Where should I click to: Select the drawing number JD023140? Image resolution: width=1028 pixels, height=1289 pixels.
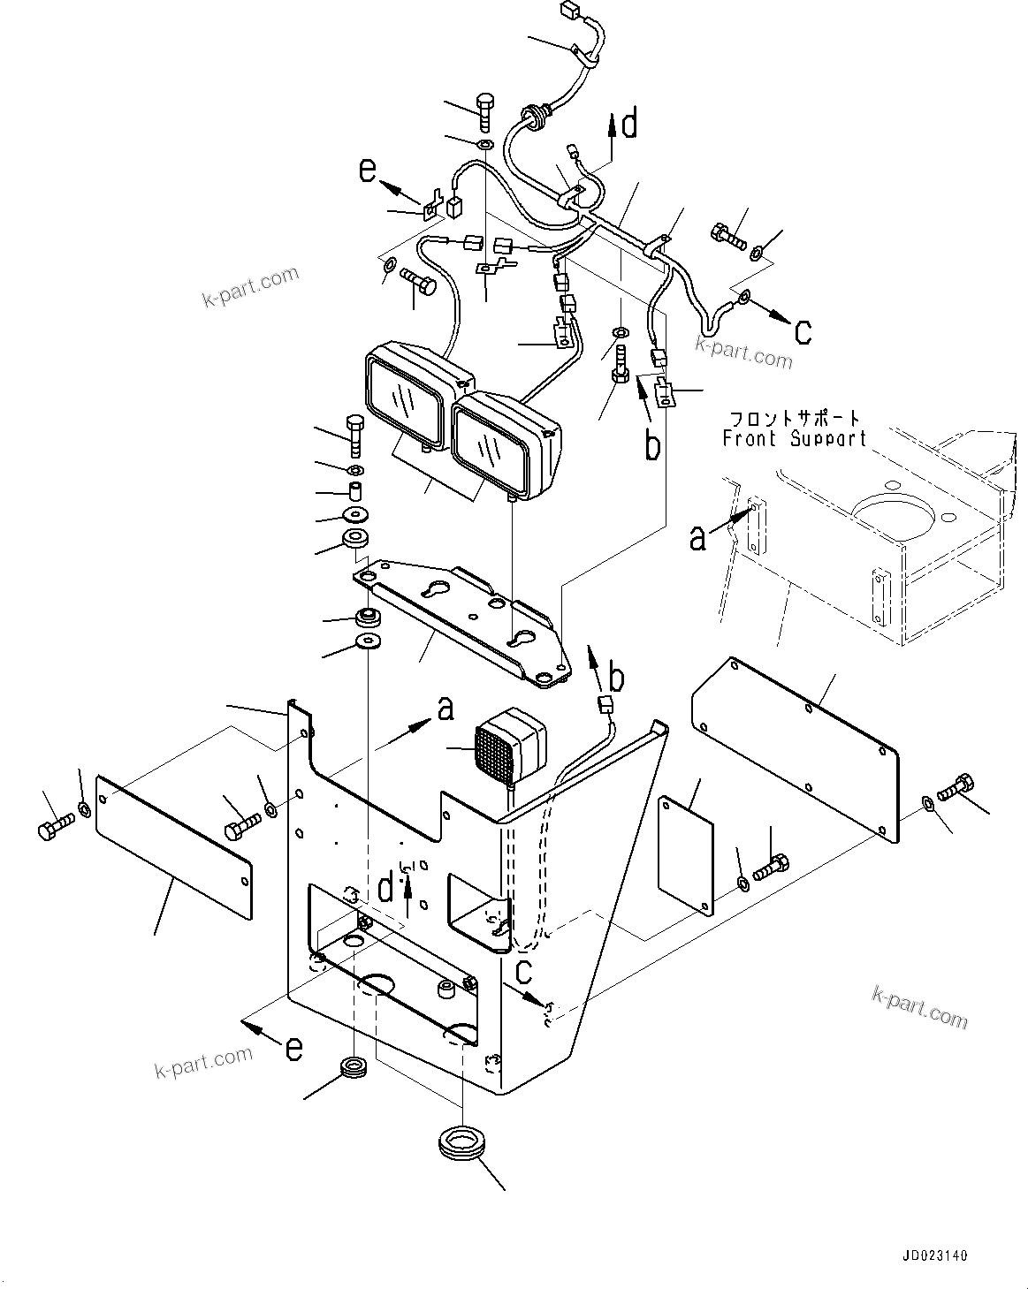935,1255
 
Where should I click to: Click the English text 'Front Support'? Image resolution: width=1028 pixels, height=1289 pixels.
794,438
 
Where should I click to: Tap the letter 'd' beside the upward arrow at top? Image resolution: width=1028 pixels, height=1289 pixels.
629,125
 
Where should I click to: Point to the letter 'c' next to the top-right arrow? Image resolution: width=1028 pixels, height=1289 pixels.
802,331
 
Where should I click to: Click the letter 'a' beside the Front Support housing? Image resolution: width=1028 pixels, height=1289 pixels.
698,536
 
